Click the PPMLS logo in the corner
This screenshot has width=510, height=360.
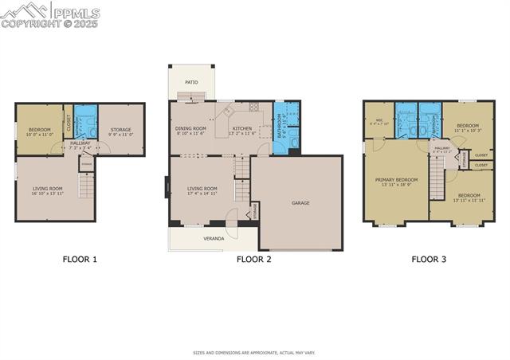50,14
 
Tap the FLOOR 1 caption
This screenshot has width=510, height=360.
80,259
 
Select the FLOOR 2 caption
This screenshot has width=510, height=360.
254,259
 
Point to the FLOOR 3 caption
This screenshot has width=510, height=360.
429,259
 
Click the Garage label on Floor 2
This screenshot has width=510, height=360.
300,203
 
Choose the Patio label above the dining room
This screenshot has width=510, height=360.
191,82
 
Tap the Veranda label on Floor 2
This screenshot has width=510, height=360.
214,238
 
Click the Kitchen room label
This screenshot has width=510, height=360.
242,128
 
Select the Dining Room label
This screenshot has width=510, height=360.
191,128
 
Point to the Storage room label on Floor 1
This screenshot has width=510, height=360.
121,130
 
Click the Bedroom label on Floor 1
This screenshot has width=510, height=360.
40,130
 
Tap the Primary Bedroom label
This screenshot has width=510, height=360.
396,180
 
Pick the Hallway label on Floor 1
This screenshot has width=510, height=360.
80,143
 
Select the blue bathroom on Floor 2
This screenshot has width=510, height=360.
286,127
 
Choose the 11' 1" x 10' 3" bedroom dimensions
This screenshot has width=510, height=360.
468,131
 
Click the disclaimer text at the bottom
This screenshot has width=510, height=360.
254,352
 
